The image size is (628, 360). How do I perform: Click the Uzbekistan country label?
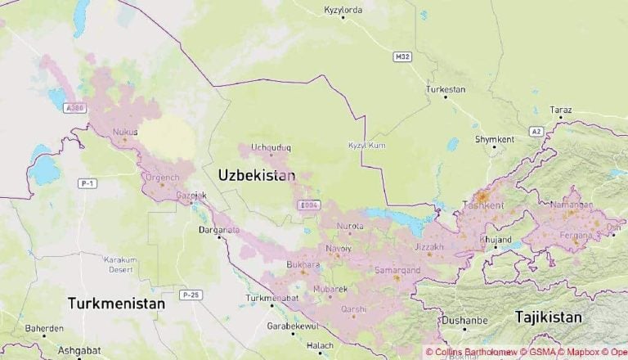click(257, 175)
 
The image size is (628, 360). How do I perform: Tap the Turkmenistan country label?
click(116, 303)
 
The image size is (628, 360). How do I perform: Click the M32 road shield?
click(401, 56)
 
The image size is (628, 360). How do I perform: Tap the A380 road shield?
click(75, 107)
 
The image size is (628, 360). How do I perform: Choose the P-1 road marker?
click(87, 183)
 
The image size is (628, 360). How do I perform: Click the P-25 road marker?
click(191, 294)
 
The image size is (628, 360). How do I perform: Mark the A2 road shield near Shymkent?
click(536, 131)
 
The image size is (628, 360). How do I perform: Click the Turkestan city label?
click(446, 88)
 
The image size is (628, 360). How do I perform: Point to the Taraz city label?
click(561, 110)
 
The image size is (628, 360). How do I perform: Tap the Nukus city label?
click(125, 131)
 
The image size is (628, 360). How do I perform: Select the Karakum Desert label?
click(120, 263)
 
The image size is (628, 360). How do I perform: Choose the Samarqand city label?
click(397, 269)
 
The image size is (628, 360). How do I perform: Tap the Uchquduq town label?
click(271, 147)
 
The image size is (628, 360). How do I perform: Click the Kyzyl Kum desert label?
click(366, 145)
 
